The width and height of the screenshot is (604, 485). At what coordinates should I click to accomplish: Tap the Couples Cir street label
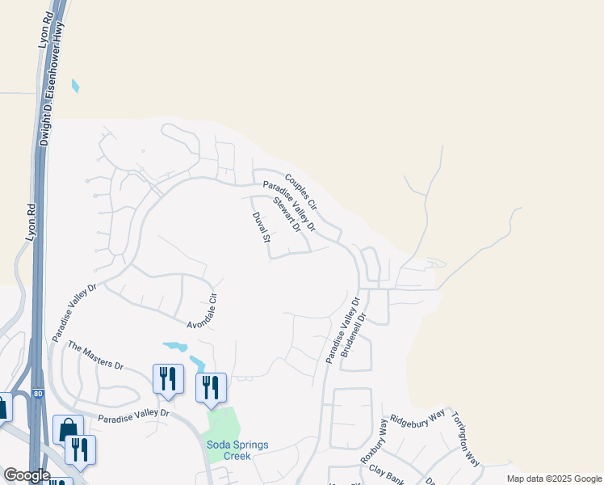[x=301, y=191]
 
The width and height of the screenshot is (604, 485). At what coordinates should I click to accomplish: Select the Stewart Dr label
[x=287, y=214]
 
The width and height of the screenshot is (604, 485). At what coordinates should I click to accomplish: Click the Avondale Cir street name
[x=203, y=312]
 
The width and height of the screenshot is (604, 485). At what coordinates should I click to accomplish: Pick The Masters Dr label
[x=95, y=355]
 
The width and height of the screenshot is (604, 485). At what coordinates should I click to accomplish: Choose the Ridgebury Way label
[x=417, y=420]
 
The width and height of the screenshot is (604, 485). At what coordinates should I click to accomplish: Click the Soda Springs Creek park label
[x=237, y=450]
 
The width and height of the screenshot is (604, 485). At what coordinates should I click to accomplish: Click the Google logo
[x=27, y=475]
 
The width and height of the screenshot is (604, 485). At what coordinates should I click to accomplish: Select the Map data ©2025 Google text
[x=553, y=479]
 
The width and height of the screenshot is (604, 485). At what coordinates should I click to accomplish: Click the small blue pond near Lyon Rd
[x=76, y=86]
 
